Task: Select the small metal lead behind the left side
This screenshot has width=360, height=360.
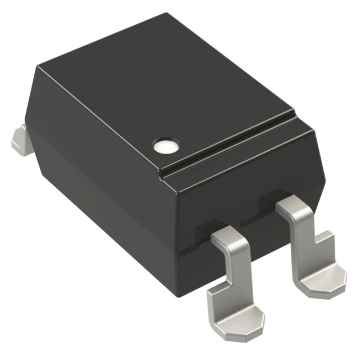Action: tap(21, 138)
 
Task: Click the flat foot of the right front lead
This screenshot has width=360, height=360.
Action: tap(319, 279)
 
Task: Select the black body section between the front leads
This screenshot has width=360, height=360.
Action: tap(262, 236)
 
